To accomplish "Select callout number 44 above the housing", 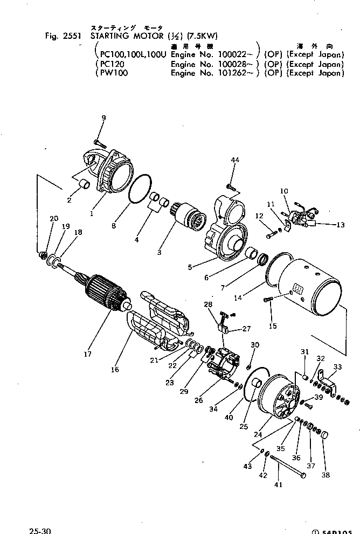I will [x=234, y=161].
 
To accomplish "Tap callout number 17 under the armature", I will [x=87, y=354].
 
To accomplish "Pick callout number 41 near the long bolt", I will [x=279, y=484].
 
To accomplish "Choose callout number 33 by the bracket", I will [x=337, y=367].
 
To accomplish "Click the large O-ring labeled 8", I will [x=142, y=190].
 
